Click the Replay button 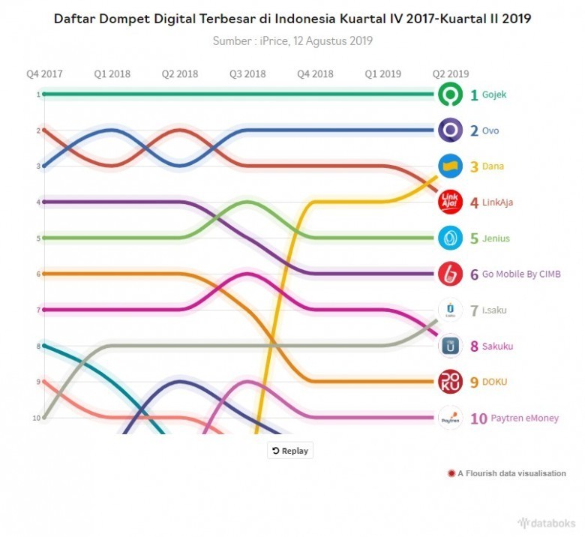tap(290, 451)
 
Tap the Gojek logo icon tap(450, 94)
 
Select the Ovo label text tap(490, 131)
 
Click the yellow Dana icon tap(450, 166)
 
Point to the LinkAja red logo tap(450, 202)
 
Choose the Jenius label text tap(496, 238)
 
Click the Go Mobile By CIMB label tap(521, 274)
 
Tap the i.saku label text tap(494, 310)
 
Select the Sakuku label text tap(497, 346)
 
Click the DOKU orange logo tap(450, 382)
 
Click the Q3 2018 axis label tap(247, 73)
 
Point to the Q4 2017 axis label tap(44, 73)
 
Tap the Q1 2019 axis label tap(382, 73)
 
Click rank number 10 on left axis tap(36, 418)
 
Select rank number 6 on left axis tap(37, 274)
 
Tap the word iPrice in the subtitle tap(272, 40)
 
